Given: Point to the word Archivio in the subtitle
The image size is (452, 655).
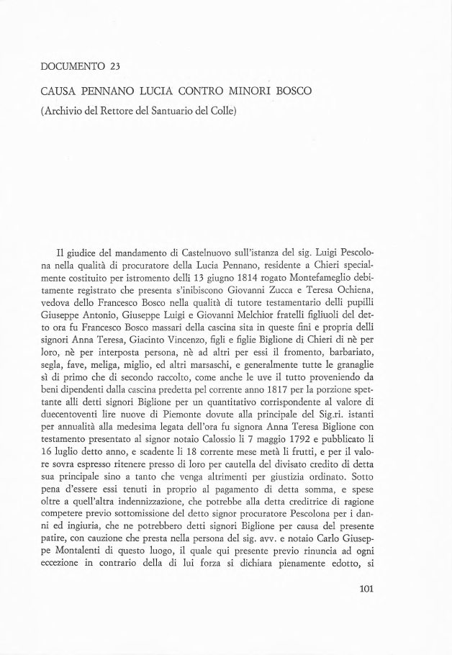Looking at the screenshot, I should [66, 113].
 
